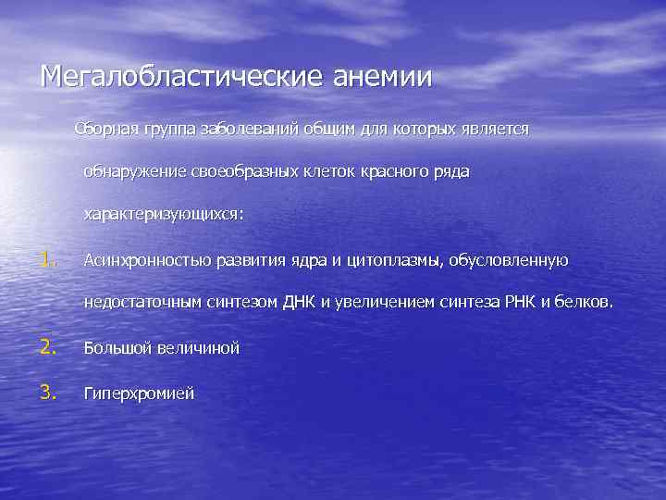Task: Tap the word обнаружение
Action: pos(135,171)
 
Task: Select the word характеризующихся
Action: pos(163,214)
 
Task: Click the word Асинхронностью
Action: pos(146,261)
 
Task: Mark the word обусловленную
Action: pos(510,261)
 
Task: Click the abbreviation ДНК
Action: pos(300,303)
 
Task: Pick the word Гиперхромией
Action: pos(139,394)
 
